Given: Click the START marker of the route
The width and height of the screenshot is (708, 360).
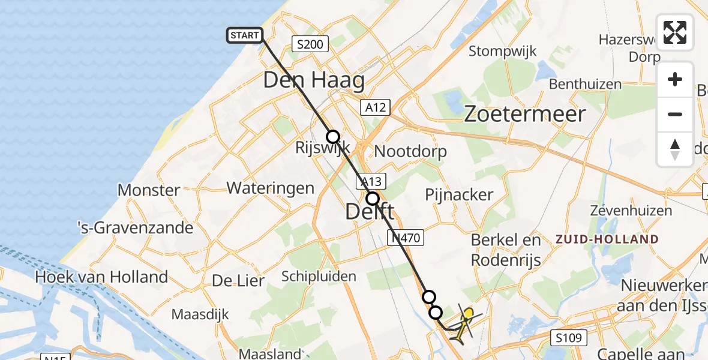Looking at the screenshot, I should [244, 35].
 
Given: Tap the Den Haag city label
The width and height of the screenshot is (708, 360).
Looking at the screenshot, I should [314, 80].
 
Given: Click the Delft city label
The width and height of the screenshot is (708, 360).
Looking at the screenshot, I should [370, 211].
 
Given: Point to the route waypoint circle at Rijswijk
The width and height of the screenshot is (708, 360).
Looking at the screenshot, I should [332, 137].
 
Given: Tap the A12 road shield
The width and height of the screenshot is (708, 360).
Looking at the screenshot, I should [375, 107].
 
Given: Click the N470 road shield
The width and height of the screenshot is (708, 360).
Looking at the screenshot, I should [407, 238].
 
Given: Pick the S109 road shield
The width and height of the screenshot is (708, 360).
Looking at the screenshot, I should [568, 338].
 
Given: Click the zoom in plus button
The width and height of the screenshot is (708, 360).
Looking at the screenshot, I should [675, 79].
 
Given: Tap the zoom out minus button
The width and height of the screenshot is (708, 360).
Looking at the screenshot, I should [675, 114].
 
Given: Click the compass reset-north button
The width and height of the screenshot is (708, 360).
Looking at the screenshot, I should [675, 149].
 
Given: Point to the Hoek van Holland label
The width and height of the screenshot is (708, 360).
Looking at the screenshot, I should [101, 277].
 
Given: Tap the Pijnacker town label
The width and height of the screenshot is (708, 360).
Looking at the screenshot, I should [459, 194].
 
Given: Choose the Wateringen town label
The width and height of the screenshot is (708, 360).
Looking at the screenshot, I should [270, 188].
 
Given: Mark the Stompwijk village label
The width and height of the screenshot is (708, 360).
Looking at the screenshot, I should [502, 50].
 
